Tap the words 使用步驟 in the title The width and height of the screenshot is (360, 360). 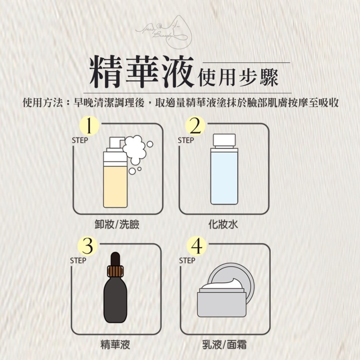click(238, 77)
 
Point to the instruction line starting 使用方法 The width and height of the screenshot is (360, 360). click(180, 103)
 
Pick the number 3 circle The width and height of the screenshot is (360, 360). click(89, 247)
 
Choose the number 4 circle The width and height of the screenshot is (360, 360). click(195, 247)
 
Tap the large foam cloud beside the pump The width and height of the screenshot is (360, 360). click(135, 147)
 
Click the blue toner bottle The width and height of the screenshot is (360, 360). click(224, 176)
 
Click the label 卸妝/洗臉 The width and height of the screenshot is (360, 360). click(114, 225)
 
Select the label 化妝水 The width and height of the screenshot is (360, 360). click(223, 225)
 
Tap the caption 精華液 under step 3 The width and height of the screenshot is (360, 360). click(115, 345)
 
